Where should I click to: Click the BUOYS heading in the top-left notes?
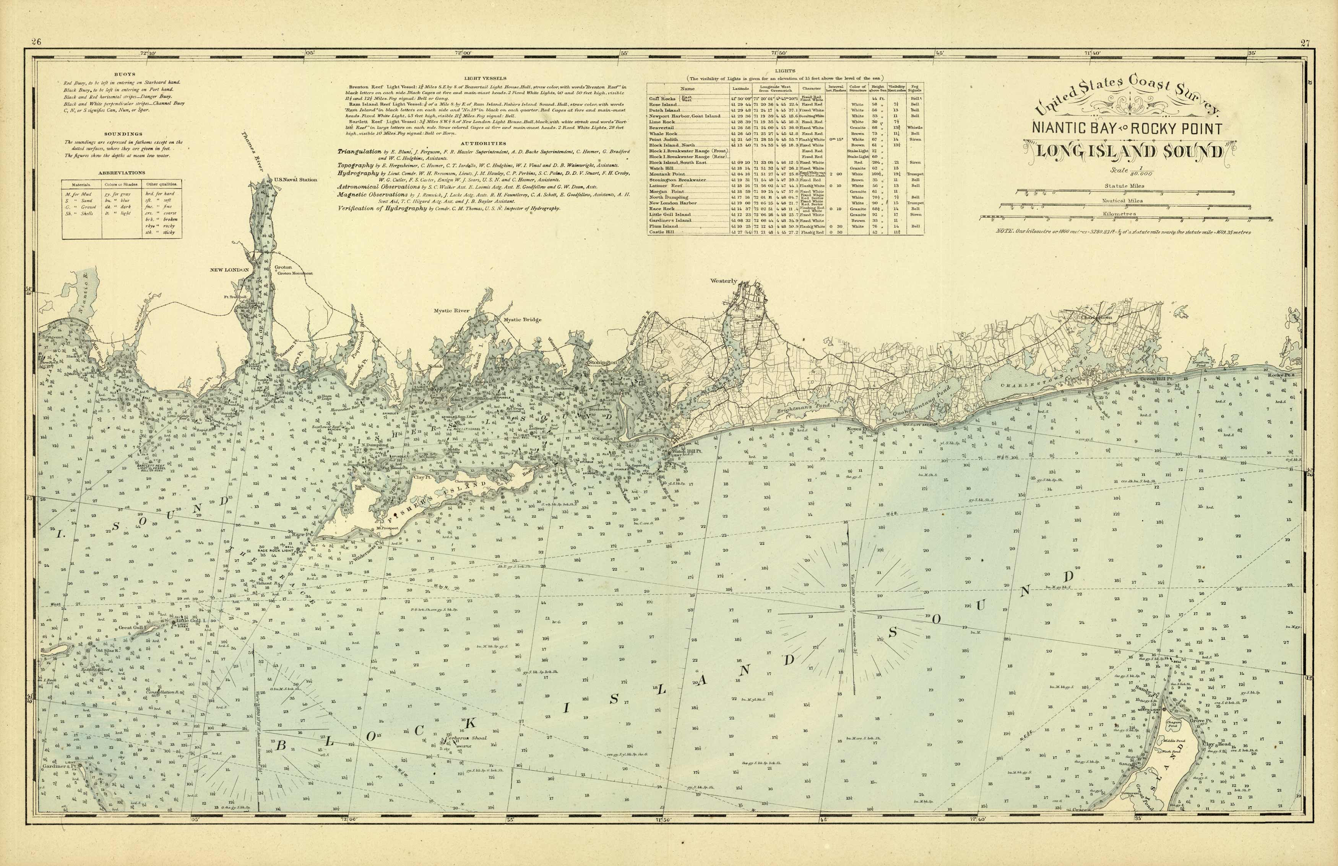point(124,74)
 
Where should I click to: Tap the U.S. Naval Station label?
point(296,180)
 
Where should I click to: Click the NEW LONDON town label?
point(229,270)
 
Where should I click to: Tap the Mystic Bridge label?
point(522,320)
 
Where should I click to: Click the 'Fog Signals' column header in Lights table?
point(915,88)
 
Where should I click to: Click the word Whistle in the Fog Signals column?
point(915,128)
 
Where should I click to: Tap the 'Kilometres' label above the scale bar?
point(1119,214)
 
